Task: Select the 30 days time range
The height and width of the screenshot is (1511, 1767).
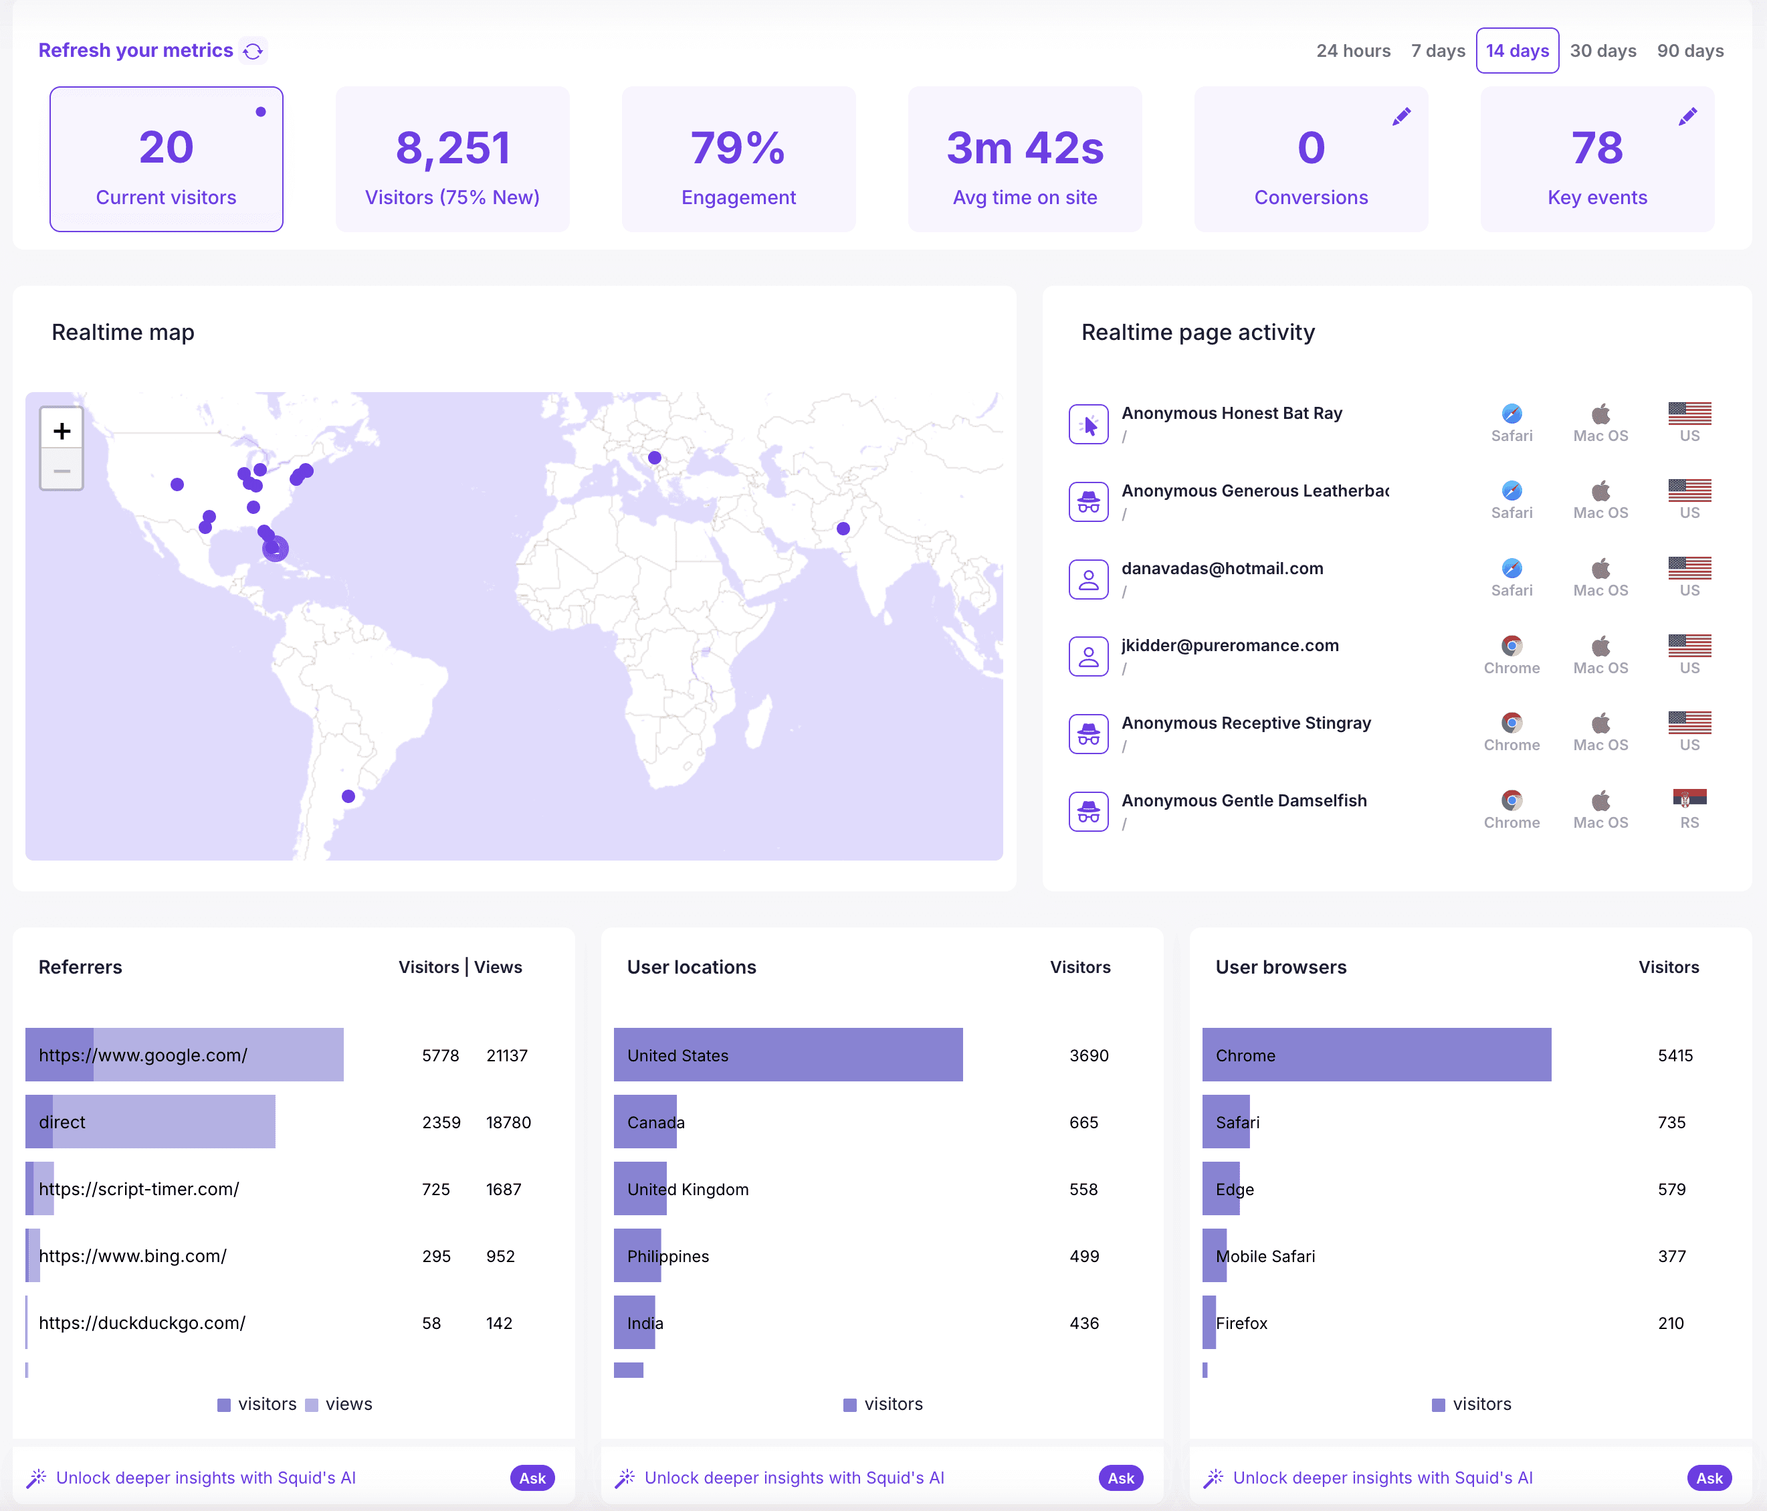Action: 1602,51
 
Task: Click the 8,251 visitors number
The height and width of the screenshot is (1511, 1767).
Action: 453,148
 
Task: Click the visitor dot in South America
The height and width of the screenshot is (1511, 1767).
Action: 348,796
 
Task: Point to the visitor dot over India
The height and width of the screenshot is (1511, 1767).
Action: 843,528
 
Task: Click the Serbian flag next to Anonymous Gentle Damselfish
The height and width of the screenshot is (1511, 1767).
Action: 1689,798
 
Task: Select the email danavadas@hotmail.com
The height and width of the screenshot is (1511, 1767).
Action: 1222,568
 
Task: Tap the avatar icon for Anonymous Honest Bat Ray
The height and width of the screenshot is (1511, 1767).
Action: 1088,424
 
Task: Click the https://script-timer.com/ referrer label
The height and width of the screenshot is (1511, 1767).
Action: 139,1188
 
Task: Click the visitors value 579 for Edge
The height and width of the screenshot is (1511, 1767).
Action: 1671,1189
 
